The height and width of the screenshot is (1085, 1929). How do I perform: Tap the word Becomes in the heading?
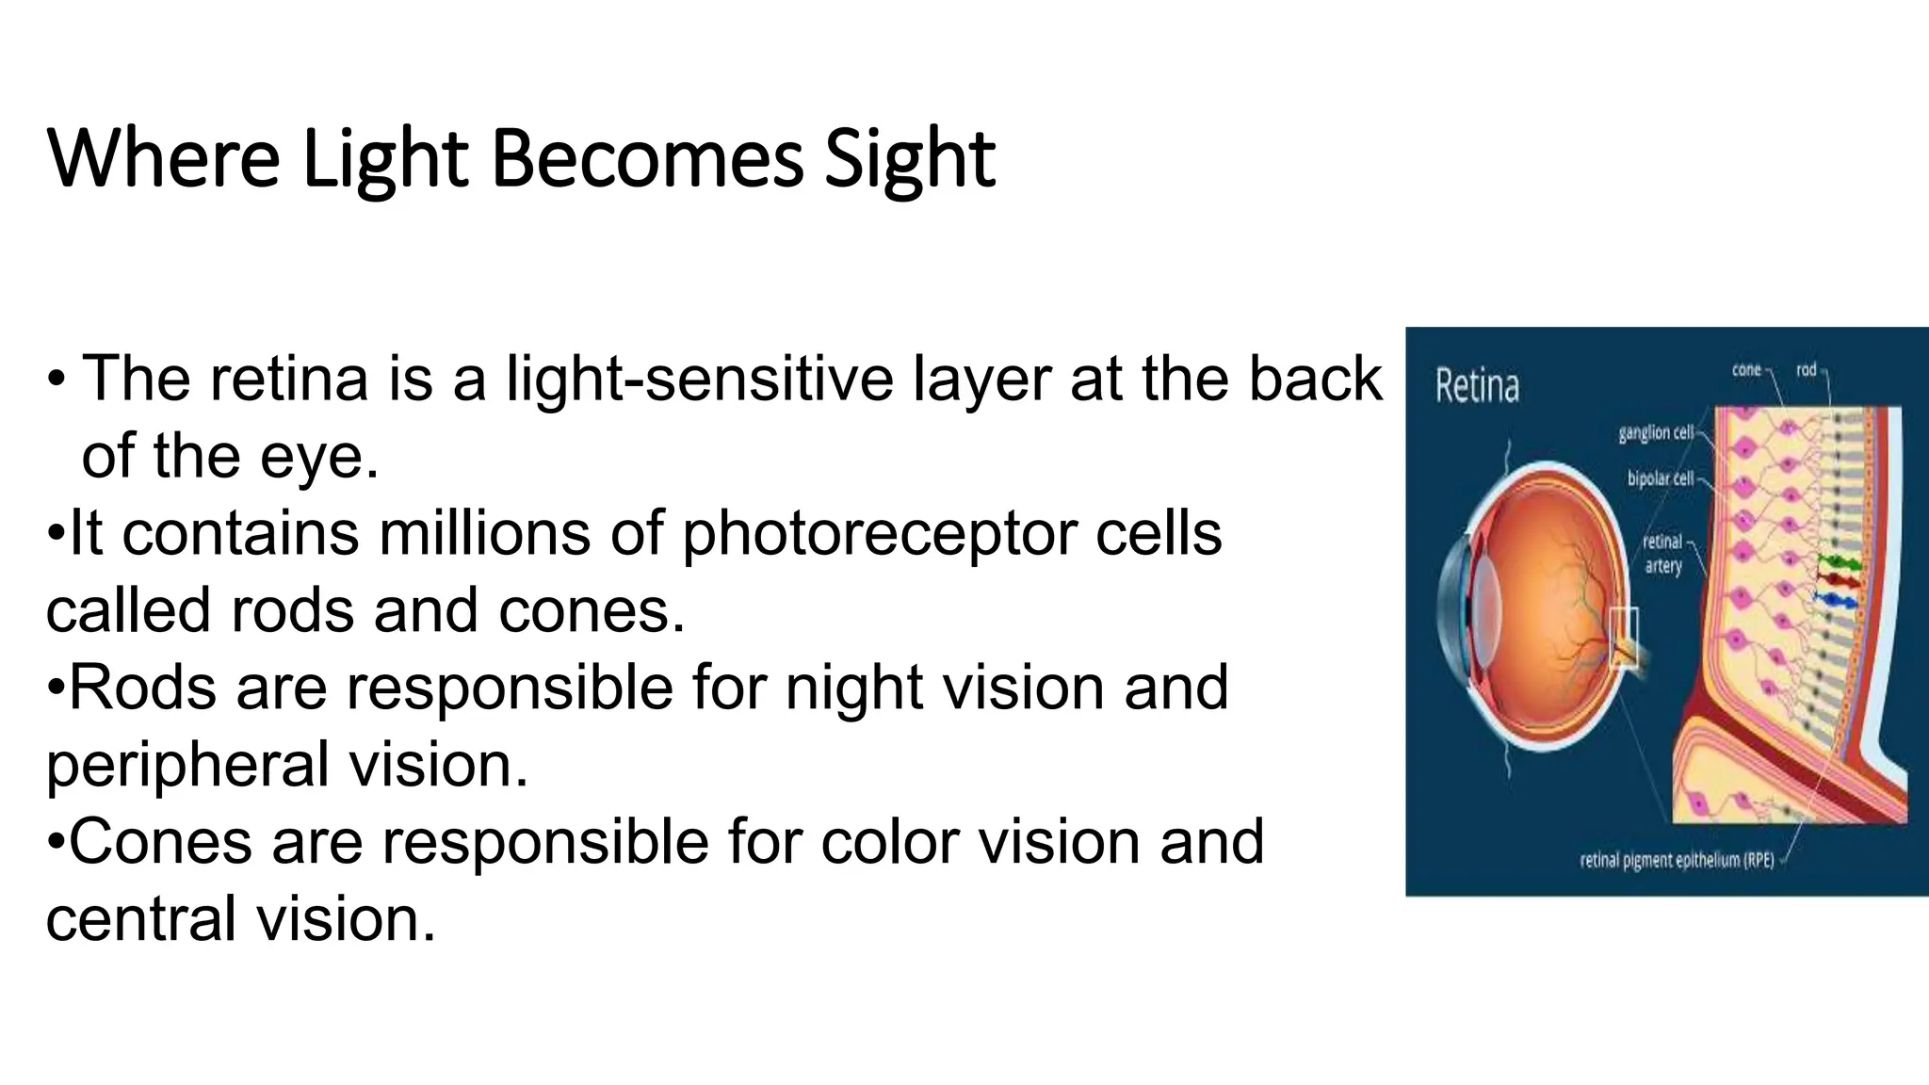[x=647, y=158]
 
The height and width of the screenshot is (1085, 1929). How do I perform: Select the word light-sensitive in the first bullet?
[x=699, y=379]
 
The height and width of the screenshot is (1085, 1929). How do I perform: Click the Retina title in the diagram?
[x=1477, y=387]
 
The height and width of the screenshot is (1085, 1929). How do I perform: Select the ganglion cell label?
[x=1656, y=433]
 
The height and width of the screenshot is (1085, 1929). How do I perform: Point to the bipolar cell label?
[x=1660, y=479]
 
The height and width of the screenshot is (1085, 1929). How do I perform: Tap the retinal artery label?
[x=1662, y=554]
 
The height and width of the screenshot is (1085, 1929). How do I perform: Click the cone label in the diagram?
[x=1746, y=370]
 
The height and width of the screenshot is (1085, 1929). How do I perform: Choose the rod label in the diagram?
[x=1806, y=370]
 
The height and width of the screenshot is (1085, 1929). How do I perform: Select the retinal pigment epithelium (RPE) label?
[x=1677, y=860]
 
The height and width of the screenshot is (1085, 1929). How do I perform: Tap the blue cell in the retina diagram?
[x=1837, y=600]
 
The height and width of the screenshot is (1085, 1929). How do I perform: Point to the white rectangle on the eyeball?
[x=1623, y=638]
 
